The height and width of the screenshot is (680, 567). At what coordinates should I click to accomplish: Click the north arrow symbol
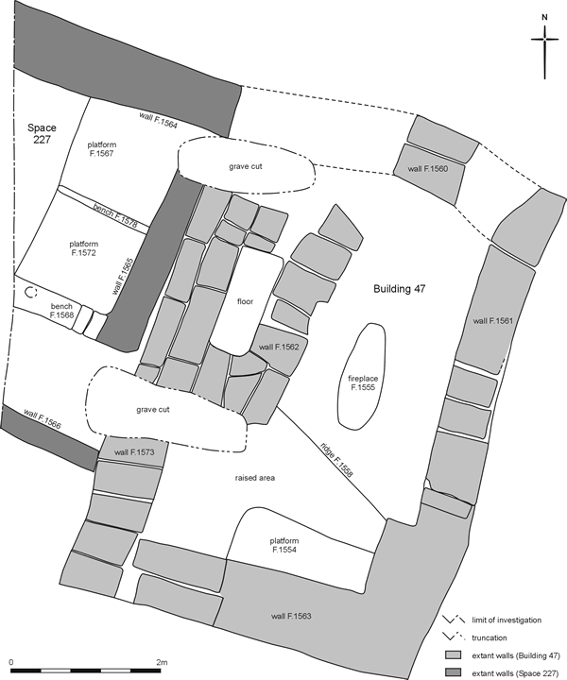click(545, 47)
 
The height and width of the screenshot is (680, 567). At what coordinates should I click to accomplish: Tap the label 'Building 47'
click(400, 289)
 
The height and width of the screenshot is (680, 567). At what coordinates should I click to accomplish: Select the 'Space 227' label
click(42, 133)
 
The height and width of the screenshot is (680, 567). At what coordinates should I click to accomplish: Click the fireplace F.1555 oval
click(362, 377)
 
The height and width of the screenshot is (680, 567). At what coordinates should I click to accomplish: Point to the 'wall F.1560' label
click(428, 169)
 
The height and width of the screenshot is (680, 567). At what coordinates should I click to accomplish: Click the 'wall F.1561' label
click(492, 321)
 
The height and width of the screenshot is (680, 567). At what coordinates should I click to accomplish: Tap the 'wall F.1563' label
click(291, 616)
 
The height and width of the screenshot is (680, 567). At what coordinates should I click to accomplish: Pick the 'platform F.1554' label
click(284, 545)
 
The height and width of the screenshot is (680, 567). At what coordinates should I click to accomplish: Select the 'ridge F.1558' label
click(337, 460)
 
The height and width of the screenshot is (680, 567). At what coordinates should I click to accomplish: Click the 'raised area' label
click(255, 478)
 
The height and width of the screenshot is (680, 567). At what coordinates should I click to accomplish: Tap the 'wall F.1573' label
click(134, 452)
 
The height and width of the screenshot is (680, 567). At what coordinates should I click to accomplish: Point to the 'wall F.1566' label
click(43, 419)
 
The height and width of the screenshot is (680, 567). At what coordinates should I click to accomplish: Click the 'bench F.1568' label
click(61, 311)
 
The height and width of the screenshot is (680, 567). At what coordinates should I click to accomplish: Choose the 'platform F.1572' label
click(84, 248)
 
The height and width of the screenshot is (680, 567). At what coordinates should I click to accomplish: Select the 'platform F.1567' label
click(101, 149)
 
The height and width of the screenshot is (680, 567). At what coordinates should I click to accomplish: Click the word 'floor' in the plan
click(245, 301)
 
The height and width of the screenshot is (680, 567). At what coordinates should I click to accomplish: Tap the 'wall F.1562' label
click(279, 347)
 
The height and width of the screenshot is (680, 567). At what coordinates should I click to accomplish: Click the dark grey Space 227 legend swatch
click(452, 673)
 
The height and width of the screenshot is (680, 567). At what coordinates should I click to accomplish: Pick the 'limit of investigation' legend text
click(507, 620)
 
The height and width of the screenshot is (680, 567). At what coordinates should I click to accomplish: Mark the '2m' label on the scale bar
click(162, 662)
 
